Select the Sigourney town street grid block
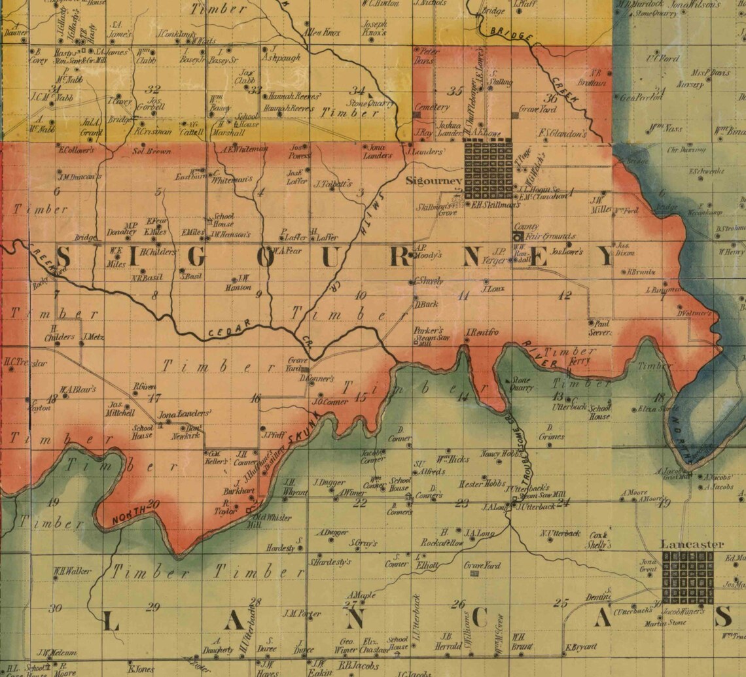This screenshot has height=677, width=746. coord(488,167)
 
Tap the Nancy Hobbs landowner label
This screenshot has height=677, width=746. coord(501,453)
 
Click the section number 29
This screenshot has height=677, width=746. coord(152,607)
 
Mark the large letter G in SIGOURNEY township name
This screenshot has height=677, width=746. coord(195,257)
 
